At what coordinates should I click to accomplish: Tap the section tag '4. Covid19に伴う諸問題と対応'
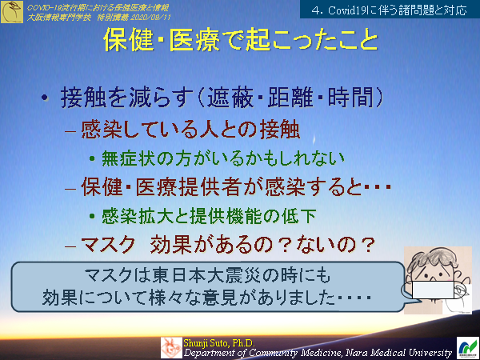[392, 10]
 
